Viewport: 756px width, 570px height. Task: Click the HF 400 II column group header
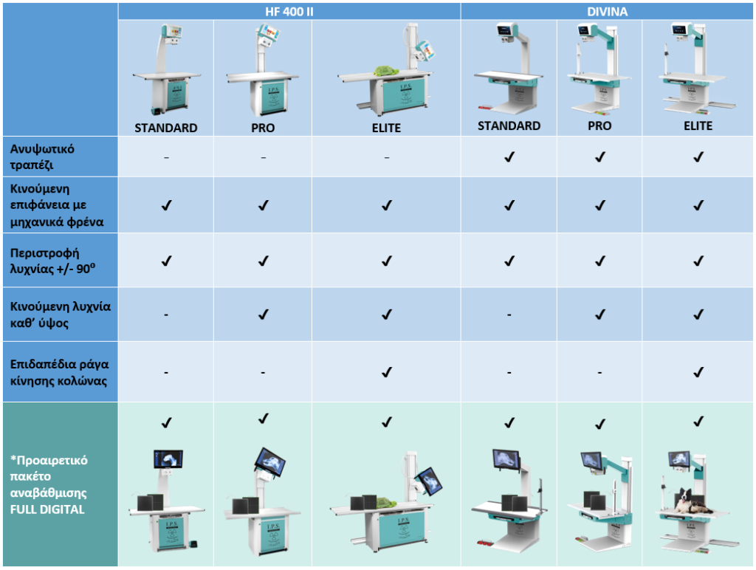pos(289,11)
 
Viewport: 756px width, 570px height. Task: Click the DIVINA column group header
pos(608,11)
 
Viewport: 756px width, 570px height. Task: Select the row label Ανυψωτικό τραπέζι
pos(42,156)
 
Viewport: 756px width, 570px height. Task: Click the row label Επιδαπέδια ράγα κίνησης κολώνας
pos(49,371)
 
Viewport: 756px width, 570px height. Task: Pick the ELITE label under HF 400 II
pos(385,128)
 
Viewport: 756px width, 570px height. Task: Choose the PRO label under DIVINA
pos(599,126)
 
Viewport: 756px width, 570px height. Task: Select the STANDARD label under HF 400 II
pos(165,128)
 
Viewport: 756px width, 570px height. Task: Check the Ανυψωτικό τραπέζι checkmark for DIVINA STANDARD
pos(509,157)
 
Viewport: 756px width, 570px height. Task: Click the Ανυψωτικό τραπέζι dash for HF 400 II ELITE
pos(386,157)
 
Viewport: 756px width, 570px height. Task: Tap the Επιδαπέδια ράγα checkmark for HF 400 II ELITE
pos(386,372)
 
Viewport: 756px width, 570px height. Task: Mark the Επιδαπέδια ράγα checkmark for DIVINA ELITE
pos(698,372)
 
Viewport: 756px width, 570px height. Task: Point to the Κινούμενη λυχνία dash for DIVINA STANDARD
pos(509,315)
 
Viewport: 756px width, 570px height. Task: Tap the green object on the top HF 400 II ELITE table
pos(383,71)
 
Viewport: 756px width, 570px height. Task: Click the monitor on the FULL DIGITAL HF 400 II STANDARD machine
pos(168,459)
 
